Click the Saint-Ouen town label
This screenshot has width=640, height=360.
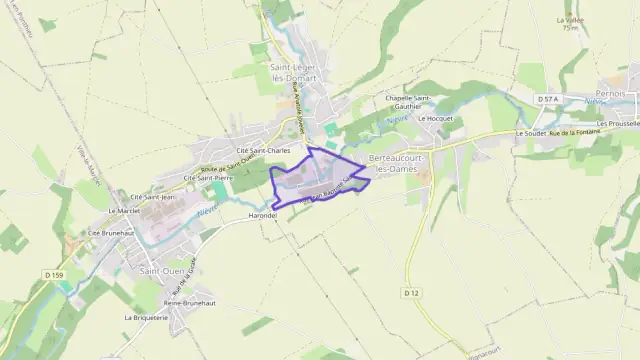[x=161, y=271]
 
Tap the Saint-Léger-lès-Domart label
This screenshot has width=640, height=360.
[x=292, y=72]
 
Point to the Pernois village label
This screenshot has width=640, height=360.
[x=610, y=93]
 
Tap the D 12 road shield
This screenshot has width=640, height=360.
[x=411, y=292]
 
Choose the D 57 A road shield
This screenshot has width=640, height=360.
[x=546, y=99]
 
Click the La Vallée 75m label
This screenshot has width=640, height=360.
[x=570, y=23]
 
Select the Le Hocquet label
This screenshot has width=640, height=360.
[x=436, y=118]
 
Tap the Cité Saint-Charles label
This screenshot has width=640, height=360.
[x=263, y=150]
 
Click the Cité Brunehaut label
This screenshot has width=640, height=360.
[x=108, y=232]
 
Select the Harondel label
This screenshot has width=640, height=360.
[x=262, y=214]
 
